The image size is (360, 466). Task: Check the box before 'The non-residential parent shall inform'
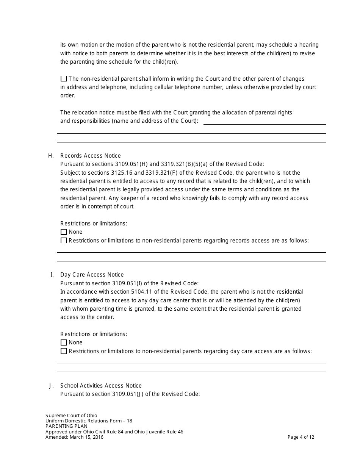[x=63, y=79]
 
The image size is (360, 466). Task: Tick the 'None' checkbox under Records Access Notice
[x=63, y=232]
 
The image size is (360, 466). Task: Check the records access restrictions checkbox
[x=63, y=241]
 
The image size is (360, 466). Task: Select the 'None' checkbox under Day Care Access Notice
[x=63, y=342]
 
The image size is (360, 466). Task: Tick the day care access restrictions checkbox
[x=63, y=351]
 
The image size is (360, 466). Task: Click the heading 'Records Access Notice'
[x=91, y=156]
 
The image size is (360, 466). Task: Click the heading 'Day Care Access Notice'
[x=92, y=275]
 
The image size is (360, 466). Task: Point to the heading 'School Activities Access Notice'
[x=101, y=386]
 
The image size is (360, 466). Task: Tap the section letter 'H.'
[x=51, y=156]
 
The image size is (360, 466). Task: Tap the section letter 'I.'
[x=52, y=275]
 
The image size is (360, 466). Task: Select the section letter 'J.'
[x=52, y=386]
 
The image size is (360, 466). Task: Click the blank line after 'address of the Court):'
[x=265, y=122]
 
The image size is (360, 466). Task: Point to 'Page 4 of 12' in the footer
[x=301, y=437]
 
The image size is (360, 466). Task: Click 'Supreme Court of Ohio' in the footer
[x=71, y=416]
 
